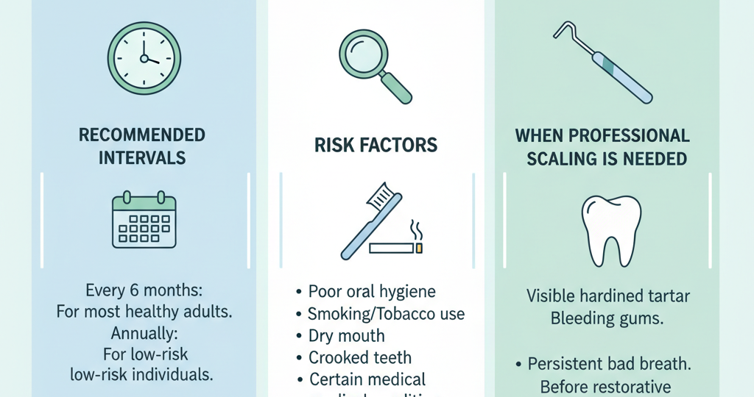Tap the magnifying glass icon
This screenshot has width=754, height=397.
pyautogui.click(x=373, y=65)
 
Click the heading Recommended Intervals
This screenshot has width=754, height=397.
pyautogui.click(x=142, y=146)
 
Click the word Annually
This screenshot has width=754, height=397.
pyautogui.click(x=144, y=332)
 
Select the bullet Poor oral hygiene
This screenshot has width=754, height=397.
pyautogui.click(x=371, y=291)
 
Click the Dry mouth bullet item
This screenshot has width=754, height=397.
pyautogui.click(x=345, y=336)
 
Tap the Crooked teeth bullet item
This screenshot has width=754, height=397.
pyautogui.click(x=359, y=358)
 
